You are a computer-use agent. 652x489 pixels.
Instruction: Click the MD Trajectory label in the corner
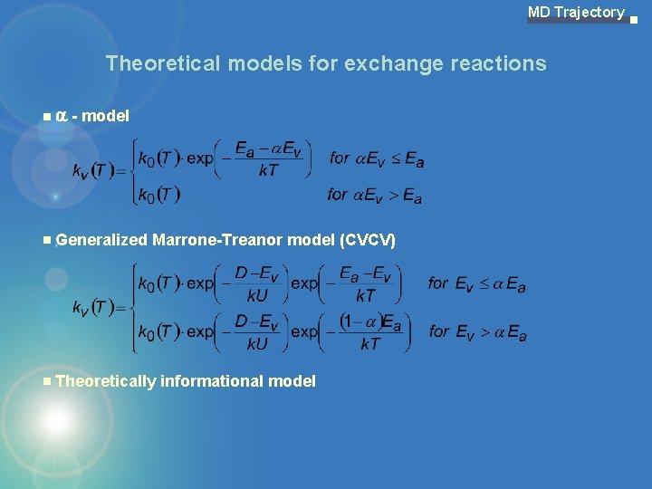(x=576, y=13)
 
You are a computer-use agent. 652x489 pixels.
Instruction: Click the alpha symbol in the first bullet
(x=62, y=116)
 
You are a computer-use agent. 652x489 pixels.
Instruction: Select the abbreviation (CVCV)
(x=368, y=240)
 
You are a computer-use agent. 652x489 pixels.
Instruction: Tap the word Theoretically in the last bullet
(x=105, y=381)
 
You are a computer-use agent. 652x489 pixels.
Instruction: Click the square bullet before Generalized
(x=47, y=241)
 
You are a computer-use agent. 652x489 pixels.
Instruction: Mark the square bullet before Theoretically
(x=47, y=381)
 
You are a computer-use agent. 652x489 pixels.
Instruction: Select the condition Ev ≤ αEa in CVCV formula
(x=477, y=284)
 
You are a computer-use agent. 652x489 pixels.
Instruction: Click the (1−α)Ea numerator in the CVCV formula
(x=369, y=321)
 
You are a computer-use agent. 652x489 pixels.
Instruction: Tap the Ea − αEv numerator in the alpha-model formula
(x=268, y=148)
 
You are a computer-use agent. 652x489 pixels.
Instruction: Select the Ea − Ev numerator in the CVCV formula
(x=365, y=273)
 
